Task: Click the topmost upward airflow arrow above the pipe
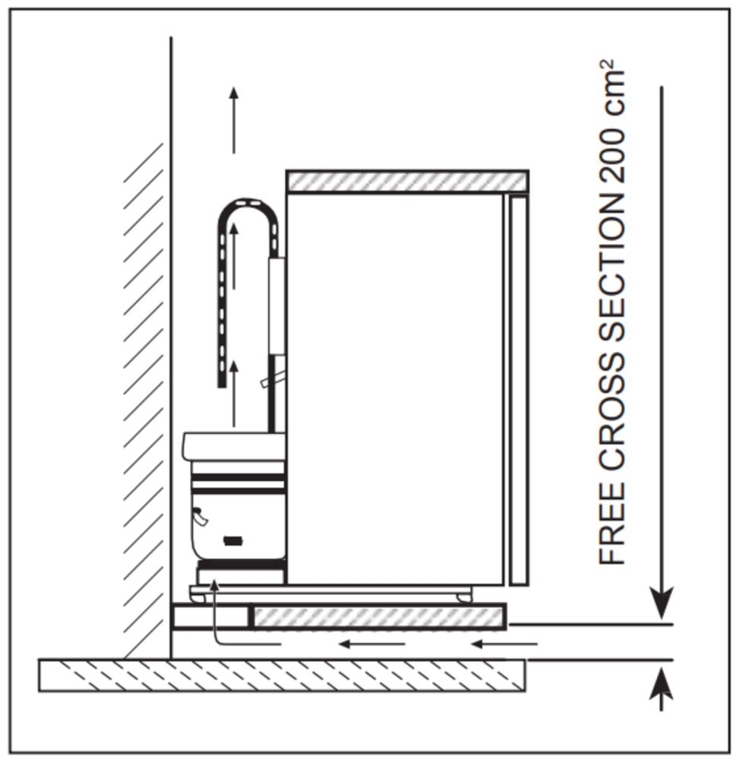[234, 120]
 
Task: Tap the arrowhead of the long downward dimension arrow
[662, 603]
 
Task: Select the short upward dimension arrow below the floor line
[662, 689]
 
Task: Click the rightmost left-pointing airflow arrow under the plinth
[504, 644]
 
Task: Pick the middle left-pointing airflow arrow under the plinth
[371, 644]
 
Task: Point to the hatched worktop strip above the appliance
[407, 182]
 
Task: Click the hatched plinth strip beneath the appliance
[378, 616]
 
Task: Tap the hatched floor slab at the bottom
[282, 675]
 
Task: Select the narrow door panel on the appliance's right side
[519, 390]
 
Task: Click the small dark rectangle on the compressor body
[233, 540]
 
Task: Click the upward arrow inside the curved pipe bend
[234, 256]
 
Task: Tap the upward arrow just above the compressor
[234, 394]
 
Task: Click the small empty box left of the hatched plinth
[210, 616]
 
